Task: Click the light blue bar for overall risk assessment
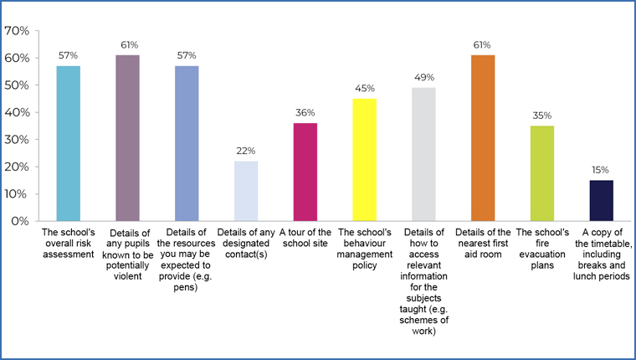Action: [x=68, y=143]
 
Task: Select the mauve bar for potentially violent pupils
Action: [x=127, y=137]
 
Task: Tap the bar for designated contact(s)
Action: [x=246, y=191]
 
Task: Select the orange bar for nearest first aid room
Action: [x=484, y=137]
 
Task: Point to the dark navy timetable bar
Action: [x=602, y=200]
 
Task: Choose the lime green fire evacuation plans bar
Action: [x=542, y=173]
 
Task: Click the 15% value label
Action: [x=602, y=170]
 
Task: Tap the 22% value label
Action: [x=246, y=151]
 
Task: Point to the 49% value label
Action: [x=424, y=77]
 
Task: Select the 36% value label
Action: [x=305, y=112]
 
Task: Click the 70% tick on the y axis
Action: [x=18, y=31]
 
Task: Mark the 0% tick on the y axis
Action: [x=21, y=221]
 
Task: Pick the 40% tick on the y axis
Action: [x=18, y=112]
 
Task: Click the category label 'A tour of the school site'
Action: [x=305, y=237]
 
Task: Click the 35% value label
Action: [x=542, y=115]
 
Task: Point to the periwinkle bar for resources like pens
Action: [x=187, y=143]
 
